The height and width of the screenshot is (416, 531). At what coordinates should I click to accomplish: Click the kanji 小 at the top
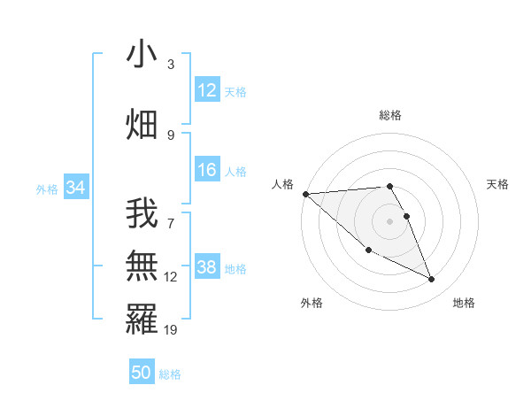pos(142,54)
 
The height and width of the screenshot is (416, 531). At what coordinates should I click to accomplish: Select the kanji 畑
pos(142,124)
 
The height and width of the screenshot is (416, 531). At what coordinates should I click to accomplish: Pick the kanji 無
pos(142,265)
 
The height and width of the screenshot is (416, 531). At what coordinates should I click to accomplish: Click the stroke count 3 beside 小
pos(171,65)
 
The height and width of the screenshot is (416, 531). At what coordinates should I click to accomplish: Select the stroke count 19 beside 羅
pos(171,329)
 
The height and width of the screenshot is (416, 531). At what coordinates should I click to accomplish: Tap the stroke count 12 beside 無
pos(171,277)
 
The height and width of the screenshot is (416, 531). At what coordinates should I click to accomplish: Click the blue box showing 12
pos(207,90)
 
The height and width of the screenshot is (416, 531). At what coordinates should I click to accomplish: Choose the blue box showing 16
pos(207,171)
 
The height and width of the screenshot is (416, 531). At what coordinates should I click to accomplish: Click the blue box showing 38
pos(207,267)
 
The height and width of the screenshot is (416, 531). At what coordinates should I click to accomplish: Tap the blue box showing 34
pos(75,188)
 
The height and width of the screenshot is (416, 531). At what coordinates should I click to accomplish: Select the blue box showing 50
pos(142,373)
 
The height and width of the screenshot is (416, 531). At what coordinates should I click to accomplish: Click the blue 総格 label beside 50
pos(170,374)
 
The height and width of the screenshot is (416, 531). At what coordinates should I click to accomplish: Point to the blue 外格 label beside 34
pos(47,189)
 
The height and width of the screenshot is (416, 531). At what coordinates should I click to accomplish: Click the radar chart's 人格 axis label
pos(282,184)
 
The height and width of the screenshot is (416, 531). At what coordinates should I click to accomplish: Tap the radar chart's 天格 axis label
pos(497,184)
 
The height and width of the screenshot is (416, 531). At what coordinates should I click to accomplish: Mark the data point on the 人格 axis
pos(305,194)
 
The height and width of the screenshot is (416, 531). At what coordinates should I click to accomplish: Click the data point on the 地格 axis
pos(432,280)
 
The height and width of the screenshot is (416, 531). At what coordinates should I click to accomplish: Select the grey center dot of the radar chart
pos(389,220)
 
